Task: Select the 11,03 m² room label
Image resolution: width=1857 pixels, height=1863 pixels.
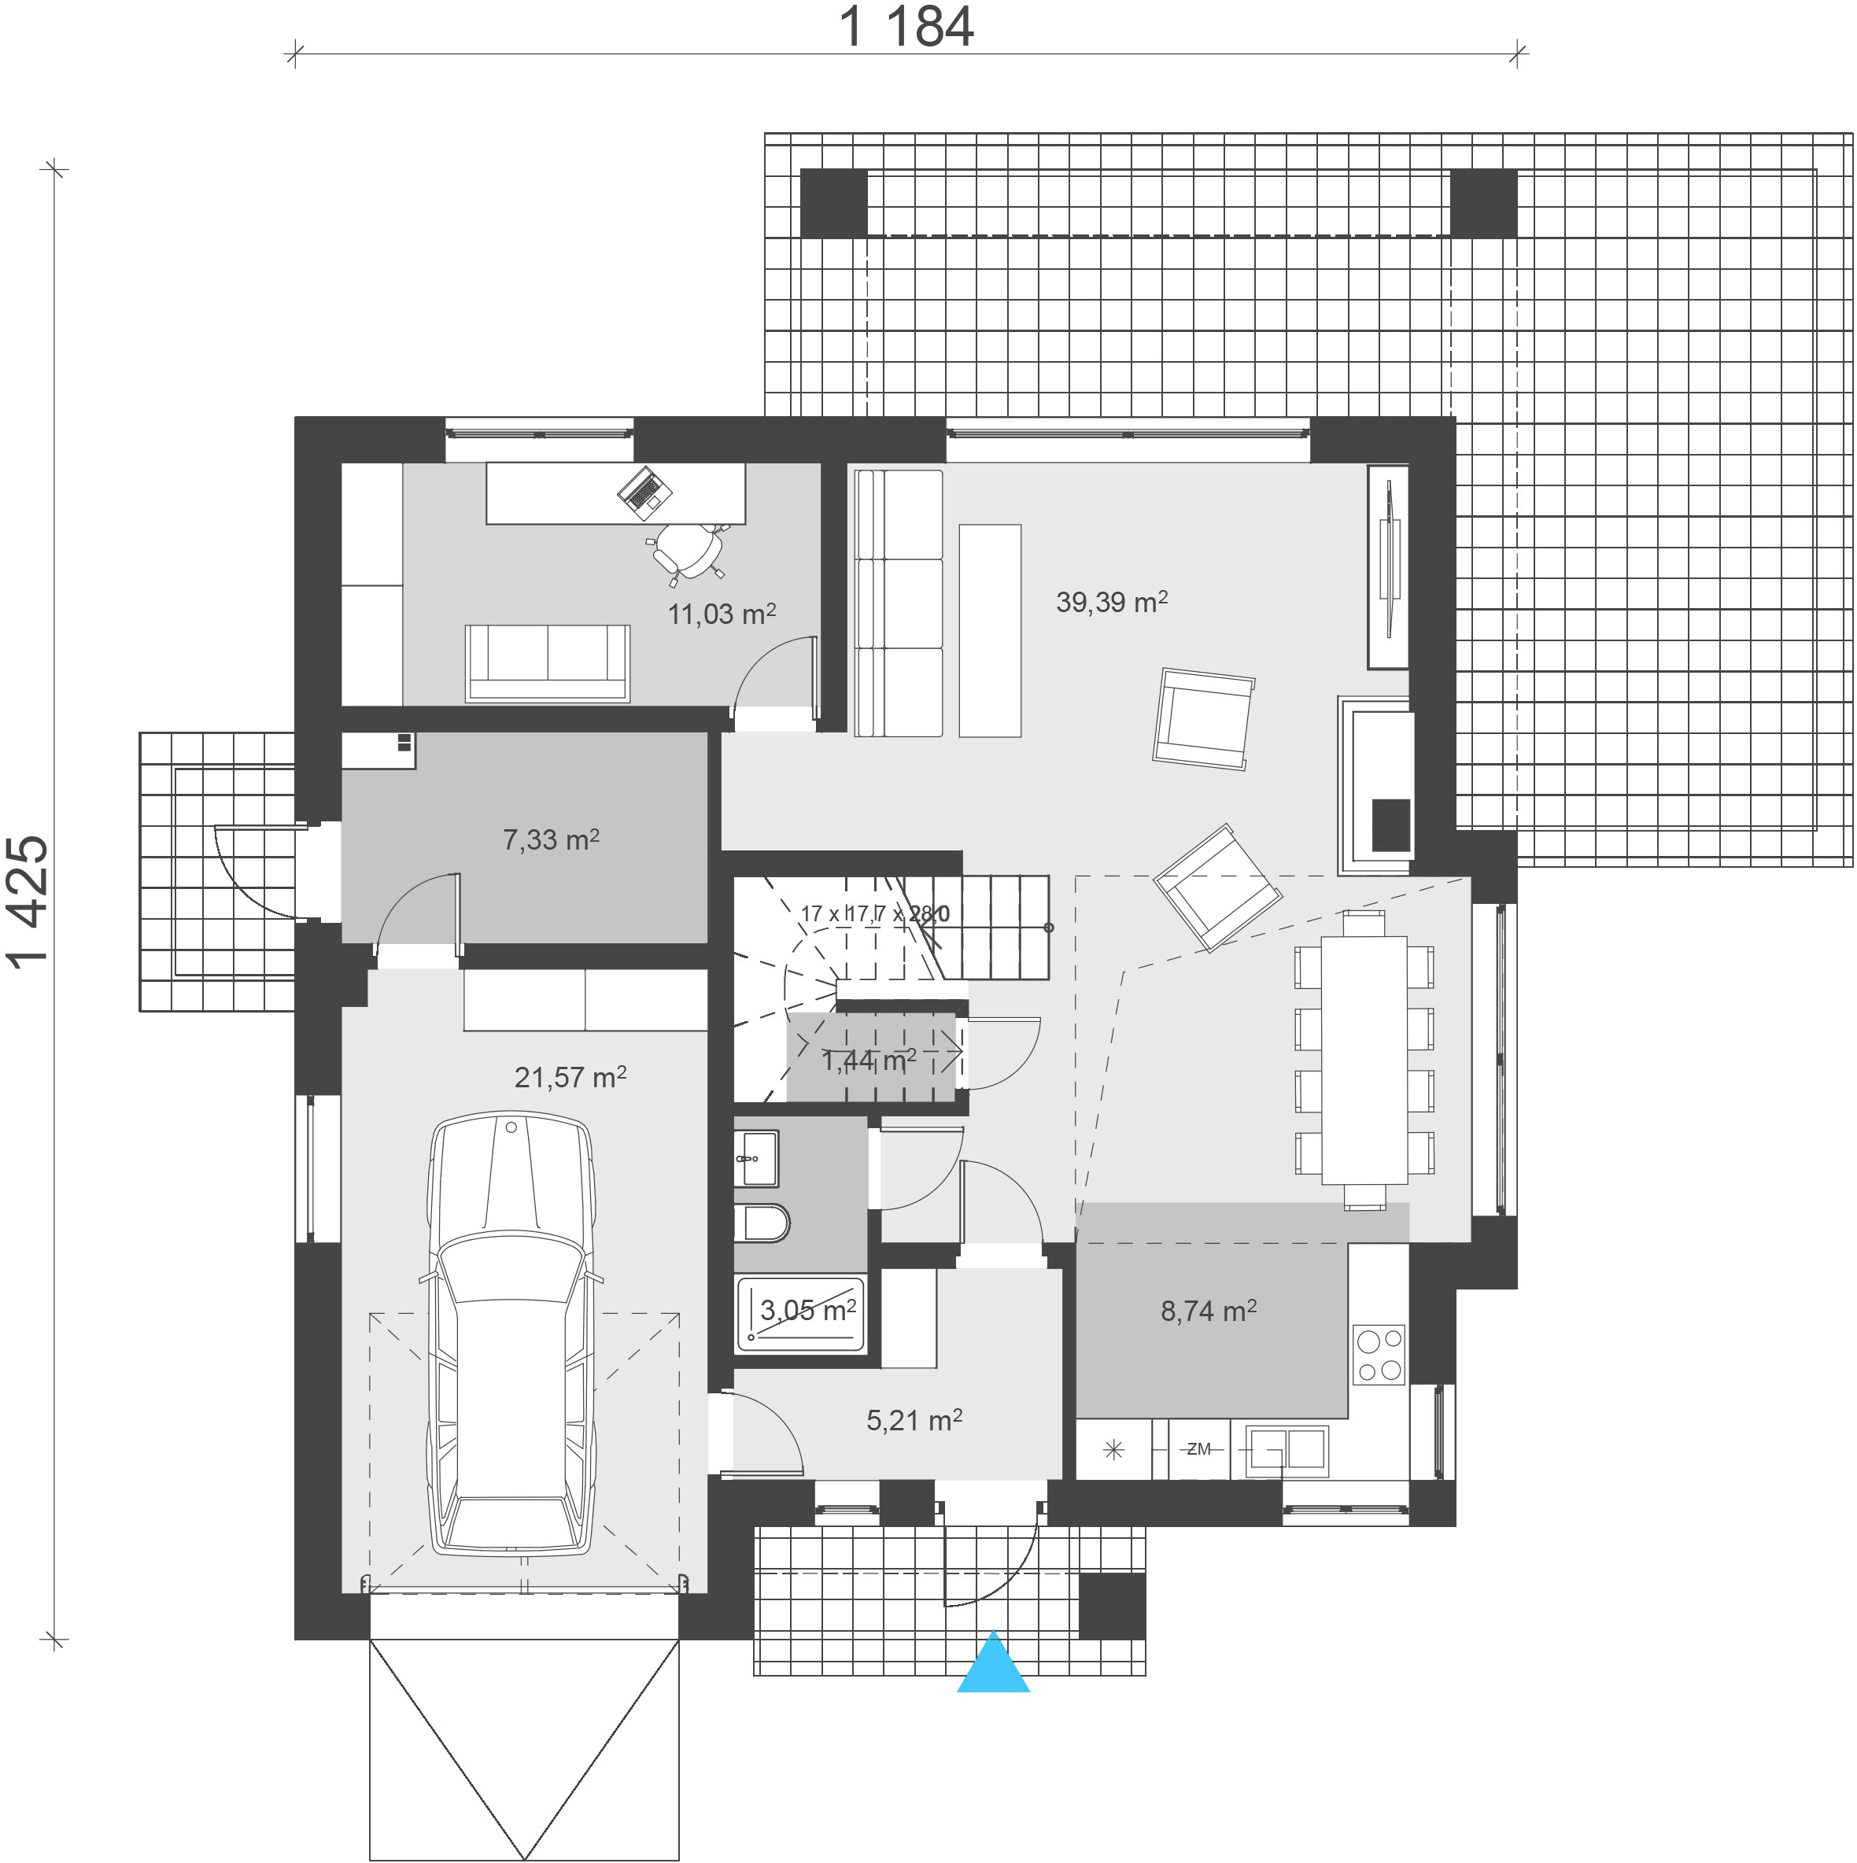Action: pos(722,614)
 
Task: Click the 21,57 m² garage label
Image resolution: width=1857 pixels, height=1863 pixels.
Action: pos(570,1076)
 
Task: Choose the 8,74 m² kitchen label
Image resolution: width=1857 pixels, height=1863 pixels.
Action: pos(1208,1311)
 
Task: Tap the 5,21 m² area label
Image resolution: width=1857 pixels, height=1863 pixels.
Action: pos(914,1420)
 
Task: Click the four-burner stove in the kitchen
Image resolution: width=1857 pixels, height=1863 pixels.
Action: pos(1379,1355)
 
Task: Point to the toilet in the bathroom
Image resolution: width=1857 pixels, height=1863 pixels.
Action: pos(762,1223)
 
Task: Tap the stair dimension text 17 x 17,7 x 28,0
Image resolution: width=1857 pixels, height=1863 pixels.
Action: pos(874,912)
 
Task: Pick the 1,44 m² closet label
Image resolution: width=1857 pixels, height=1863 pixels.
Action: pos(868,1061)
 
